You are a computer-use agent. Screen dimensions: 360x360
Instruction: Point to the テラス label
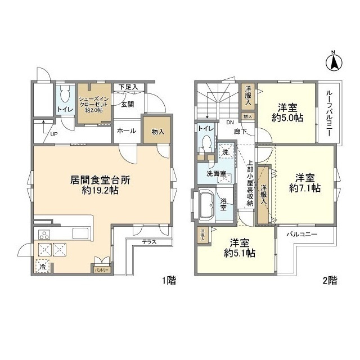(x=149, y=241)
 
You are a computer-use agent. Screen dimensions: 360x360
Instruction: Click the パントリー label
(x=101, y=270)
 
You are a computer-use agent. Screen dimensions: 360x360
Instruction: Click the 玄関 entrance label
(x=127, y=103)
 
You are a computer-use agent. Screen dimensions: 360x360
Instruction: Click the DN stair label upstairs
(x=229, y=122)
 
